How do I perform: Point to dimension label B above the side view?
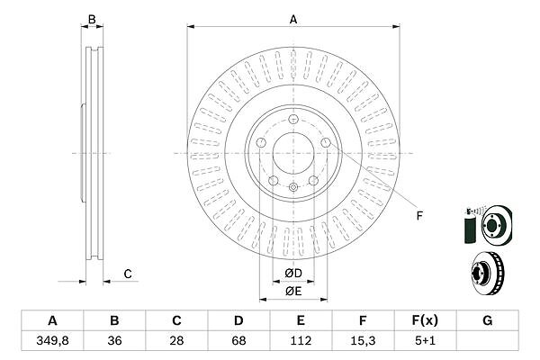point(90,19)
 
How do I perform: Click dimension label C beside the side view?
point(128,274)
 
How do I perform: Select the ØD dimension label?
point(293,274)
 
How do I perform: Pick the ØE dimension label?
point(293,291)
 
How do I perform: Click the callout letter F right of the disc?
point(418,215)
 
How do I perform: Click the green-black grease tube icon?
point(468,224)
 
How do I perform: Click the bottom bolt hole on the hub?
point(293,187)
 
